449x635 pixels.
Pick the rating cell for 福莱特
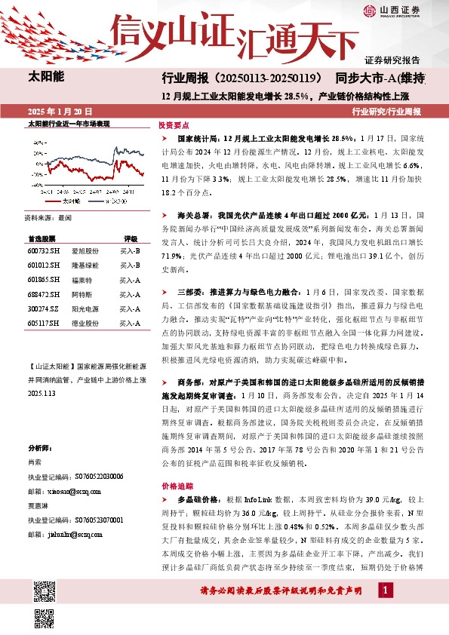coord(131,279)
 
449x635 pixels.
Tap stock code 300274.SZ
coord(42,308)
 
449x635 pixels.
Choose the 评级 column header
coord(131,237)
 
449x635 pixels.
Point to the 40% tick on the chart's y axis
coord(35,141)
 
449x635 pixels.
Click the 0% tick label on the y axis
coord(37,163)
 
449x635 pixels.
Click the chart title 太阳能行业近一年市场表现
coord(69,122)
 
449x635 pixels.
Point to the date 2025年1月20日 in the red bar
coord(58,111)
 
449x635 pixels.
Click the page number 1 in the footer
coord(386,589)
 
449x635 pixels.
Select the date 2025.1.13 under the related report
coord(42,394)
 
